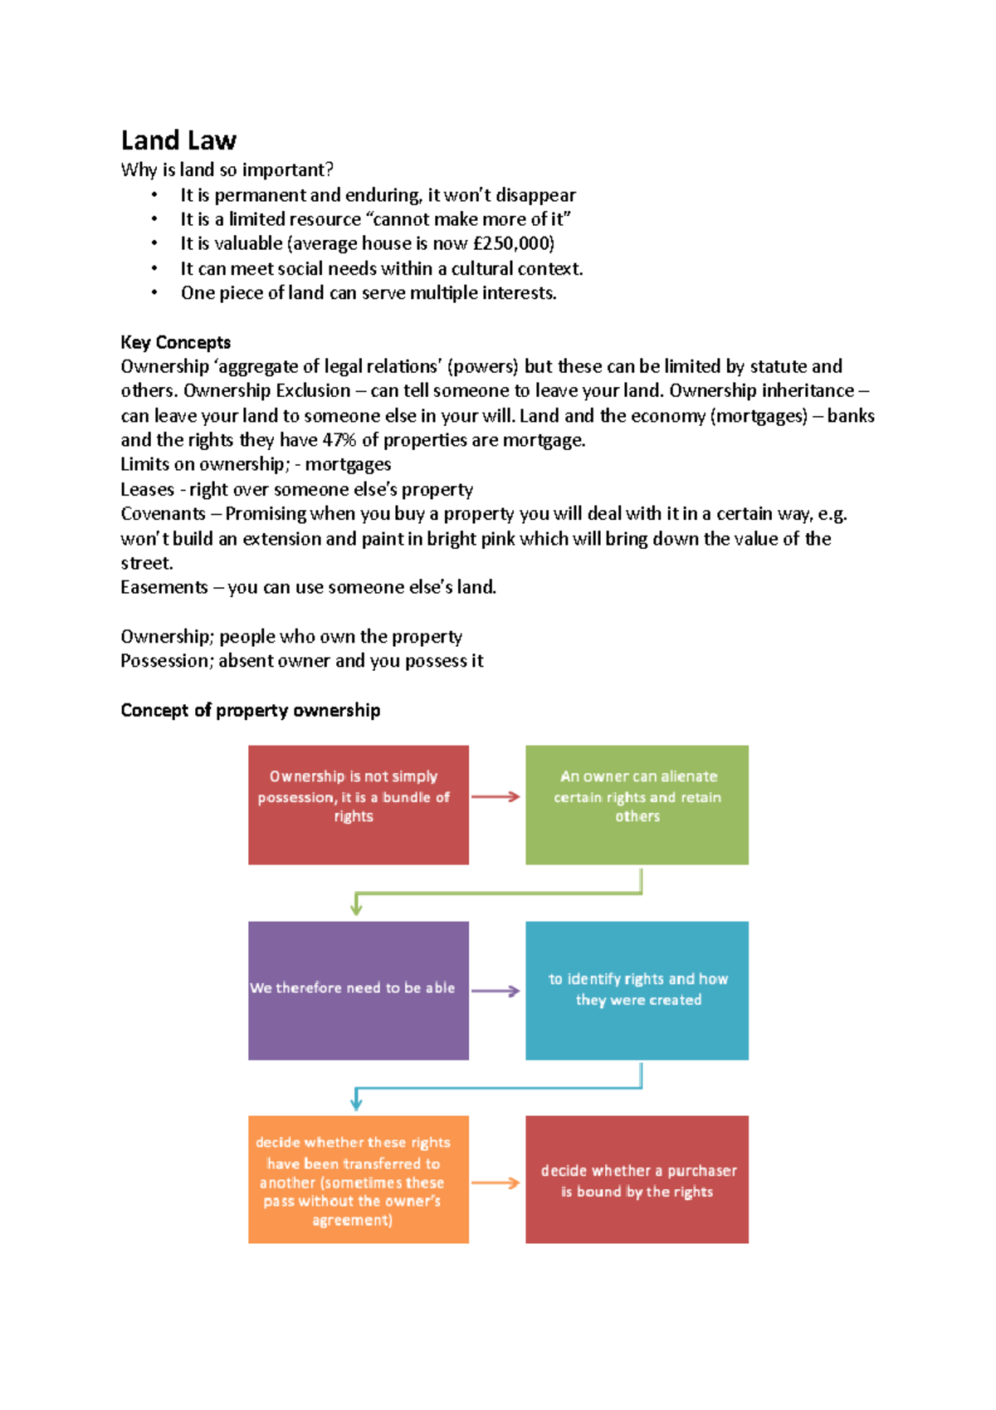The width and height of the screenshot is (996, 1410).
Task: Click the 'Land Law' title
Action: click(x=178, y=140)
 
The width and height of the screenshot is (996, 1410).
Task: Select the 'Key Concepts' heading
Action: click(x=175, y=342)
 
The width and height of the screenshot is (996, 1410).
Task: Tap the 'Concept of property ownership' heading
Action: click(x=250, y=710)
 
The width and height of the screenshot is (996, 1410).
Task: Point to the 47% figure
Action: click(x=339, y=440)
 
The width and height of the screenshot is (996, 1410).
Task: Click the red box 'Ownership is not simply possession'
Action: click(x=359, y=805)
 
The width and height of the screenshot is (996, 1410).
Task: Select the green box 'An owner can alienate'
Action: click(x=637, y=805)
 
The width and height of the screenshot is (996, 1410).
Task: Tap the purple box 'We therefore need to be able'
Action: click(x=359, y=990)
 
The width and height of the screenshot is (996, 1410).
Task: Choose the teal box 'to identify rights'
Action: click(x=637, y=990)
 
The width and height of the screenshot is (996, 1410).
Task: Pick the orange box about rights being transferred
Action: click(x=359, y=1179)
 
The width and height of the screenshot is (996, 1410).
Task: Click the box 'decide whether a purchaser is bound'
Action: click(x=637, y=1179)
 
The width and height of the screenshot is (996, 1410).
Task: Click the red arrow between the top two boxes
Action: click(x=496, y=797)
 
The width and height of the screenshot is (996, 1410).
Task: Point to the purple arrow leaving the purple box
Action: click(x=496, y=991)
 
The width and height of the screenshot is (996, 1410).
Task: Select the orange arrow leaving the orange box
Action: click(x=496, y=1183)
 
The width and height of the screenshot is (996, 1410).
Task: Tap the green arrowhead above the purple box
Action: click(x=356, y=908)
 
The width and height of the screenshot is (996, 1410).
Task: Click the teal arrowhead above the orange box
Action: click(x=356, y=1104)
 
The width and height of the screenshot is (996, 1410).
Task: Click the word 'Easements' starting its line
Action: click(x=164, y=588)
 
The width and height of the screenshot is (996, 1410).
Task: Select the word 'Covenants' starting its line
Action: click(x=163, y=514)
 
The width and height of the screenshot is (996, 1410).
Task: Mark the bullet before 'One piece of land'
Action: click(x=154, y=293)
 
